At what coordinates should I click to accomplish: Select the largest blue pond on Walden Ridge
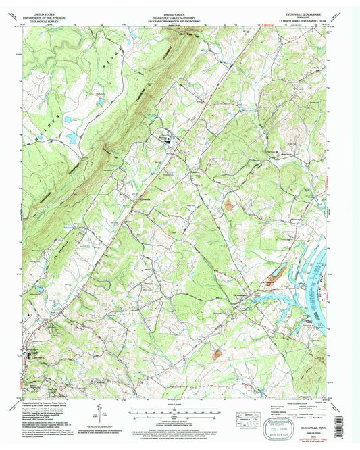(x=71, y=139)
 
